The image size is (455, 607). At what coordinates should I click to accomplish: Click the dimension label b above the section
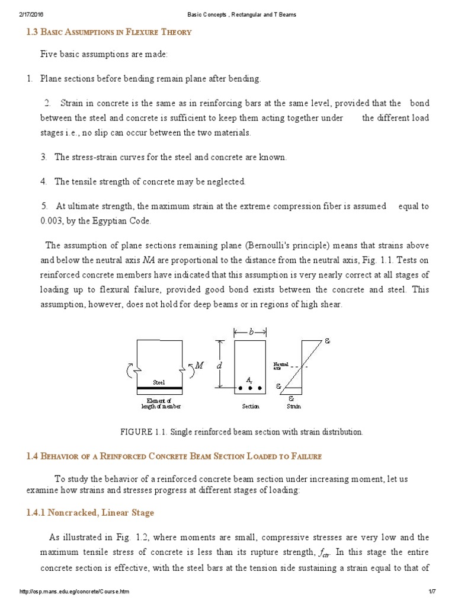[x=250, y=333]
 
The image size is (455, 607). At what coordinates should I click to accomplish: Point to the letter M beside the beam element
[x=200, y=366]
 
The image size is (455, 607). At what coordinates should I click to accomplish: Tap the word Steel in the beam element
[x=159, y=382]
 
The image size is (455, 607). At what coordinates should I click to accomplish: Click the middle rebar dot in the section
[x=251, y=389]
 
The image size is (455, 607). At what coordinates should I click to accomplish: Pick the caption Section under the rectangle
[x=251, y=407]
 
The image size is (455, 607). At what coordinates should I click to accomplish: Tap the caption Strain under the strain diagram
[x=293, y=407]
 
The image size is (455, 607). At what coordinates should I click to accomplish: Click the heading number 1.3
[x=33, y=32]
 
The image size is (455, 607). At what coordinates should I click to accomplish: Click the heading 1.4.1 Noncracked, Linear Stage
[x=90, y=512]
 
